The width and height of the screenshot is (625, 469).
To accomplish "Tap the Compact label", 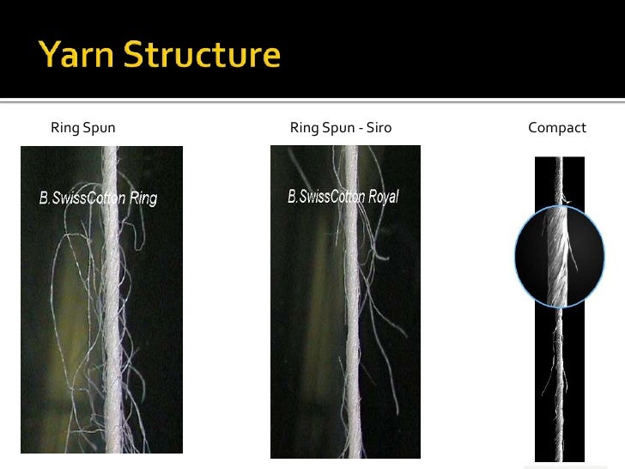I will point(557,128).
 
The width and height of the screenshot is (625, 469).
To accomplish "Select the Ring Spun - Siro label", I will point(341,128).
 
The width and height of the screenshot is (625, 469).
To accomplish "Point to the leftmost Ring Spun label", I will point(83,128).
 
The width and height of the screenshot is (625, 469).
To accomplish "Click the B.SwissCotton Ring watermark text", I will point(98,198).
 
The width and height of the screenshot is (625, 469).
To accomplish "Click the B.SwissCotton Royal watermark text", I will point(343,197).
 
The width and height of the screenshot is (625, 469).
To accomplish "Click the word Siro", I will point(378,128).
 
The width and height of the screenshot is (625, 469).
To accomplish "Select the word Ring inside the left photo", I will point(143,198).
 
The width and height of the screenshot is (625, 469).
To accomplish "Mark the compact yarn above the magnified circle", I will point(558,180).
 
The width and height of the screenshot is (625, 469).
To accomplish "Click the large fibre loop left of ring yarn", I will point(60,283).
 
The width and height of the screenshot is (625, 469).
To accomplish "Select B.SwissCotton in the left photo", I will point(82,198).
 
